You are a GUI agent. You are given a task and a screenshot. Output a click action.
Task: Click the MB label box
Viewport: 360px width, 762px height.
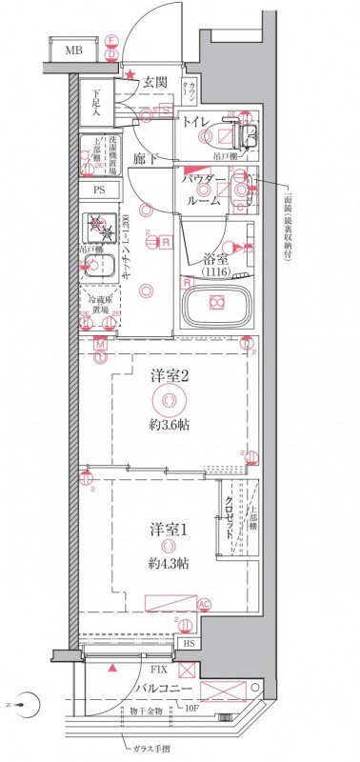[72, 50]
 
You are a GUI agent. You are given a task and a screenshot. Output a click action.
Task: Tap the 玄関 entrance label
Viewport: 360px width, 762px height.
[156, 82]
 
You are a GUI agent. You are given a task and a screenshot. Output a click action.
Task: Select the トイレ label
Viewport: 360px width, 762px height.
[197, 121]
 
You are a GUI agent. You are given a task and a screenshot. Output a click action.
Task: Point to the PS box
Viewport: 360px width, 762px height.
[98, 190]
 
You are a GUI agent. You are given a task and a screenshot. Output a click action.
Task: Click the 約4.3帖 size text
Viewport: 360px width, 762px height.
[168, 565]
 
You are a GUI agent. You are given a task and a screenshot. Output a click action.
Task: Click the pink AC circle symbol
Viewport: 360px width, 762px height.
[204, 604]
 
